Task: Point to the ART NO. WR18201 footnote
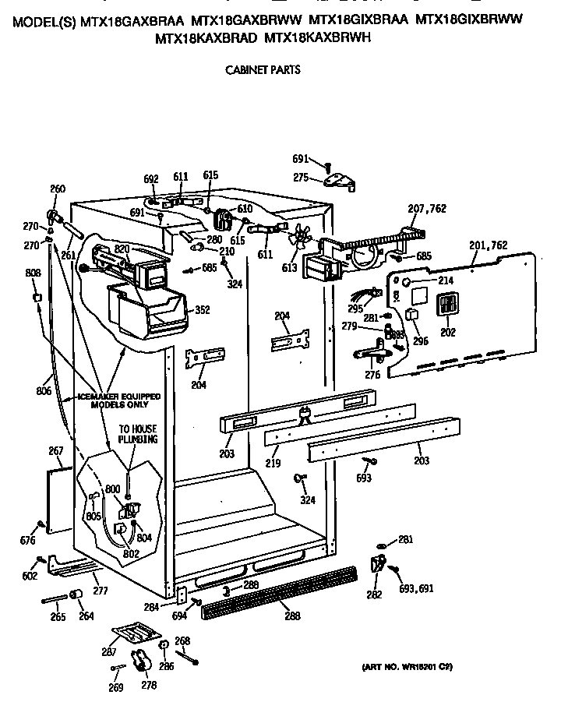[407, 668]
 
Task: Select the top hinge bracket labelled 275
[340, 181]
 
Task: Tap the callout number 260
[58, 189]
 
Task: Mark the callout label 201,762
[489, 245]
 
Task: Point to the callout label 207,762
[426, 208]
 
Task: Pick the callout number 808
[33, 273]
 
